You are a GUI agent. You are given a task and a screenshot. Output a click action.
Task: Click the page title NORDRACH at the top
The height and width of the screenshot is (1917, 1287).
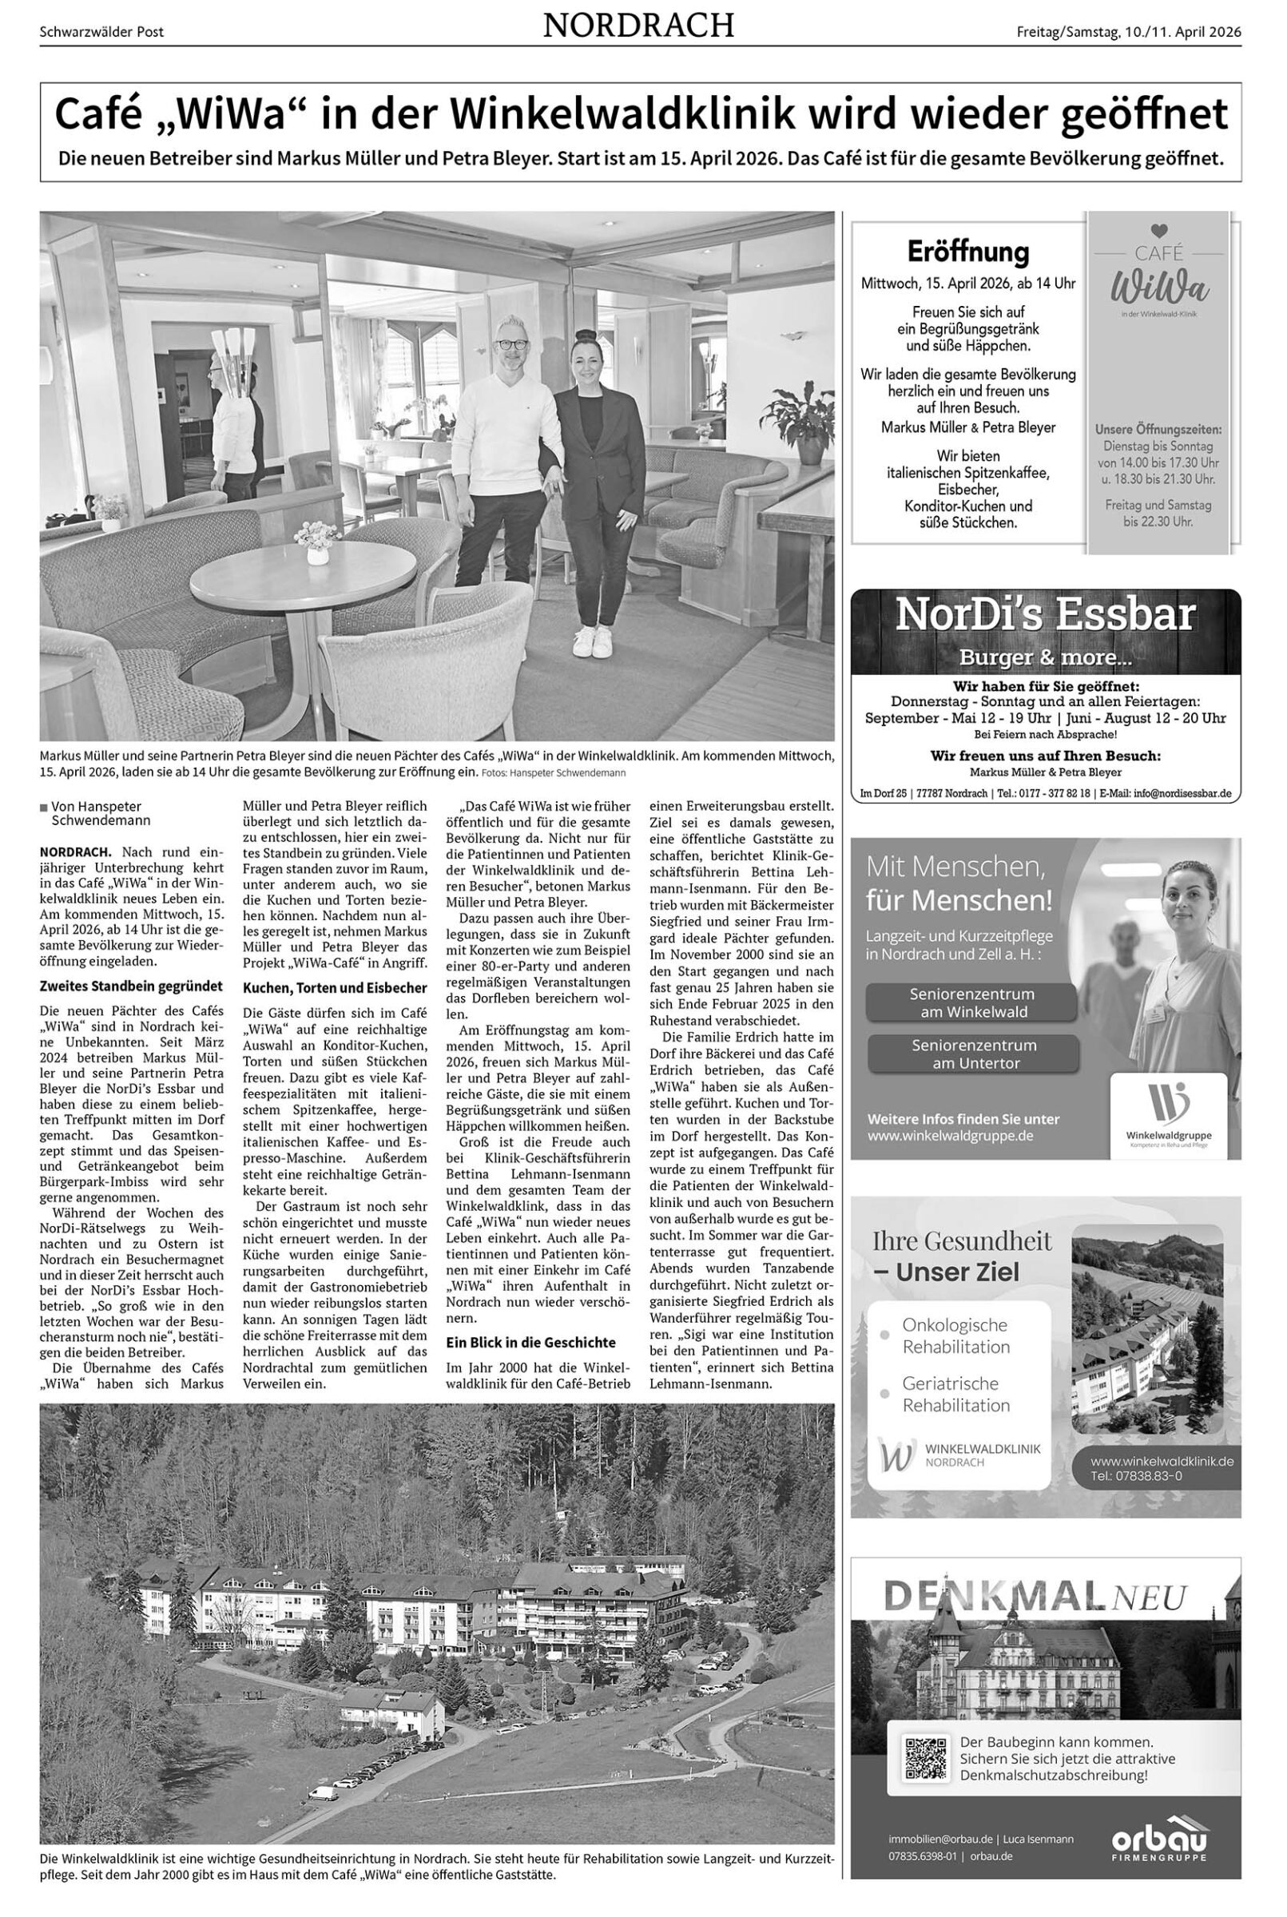click(638, 27)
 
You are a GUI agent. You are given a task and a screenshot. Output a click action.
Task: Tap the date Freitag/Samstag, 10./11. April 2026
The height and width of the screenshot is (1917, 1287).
click(1129, 32)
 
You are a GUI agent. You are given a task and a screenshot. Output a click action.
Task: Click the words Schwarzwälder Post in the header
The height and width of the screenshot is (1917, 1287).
click(101, 32)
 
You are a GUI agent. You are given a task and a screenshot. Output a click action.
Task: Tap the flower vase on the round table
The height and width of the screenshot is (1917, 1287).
click(317, 549)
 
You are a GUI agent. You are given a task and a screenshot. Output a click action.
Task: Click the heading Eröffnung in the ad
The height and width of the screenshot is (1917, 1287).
click(967, 251)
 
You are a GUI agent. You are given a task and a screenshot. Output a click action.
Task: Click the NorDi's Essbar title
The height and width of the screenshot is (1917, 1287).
click(1045, 615)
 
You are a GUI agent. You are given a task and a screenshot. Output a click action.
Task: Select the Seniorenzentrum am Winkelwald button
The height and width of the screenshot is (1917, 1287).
click(971, 1002)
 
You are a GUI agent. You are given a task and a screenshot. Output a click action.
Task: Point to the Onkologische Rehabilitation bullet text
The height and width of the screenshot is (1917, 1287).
click(955, 1336)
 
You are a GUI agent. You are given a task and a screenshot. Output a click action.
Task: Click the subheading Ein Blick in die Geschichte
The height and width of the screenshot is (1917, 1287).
click(530, 1343)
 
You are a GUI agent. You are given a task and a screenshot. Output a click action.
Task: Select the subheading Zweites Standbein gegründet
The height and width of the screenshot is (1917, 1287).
click(131, 986)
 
